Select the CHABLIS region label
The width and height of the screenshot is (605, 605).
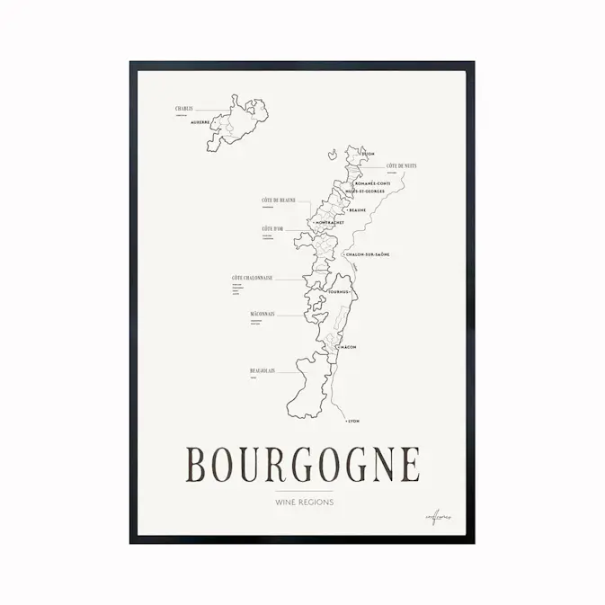[184, 109]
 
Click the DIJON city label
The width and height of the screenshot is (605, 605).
[367, 155]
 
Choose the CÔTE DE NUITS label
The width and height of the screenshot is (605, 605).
[401, 166]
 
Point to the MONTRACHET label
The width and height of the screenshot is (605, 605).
[330, 222]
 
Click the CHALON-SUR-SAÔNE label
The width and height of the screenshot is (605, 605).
[369, 254]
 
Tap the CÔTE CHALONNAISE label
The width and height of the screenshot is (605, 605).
[252, 278]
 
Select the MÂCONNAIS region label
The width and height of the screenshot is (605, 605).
[262, 314]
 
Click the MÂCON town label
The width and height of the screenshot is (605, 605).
[349, 346]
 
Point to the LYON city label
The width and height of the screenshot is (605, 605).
[352, 420]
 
